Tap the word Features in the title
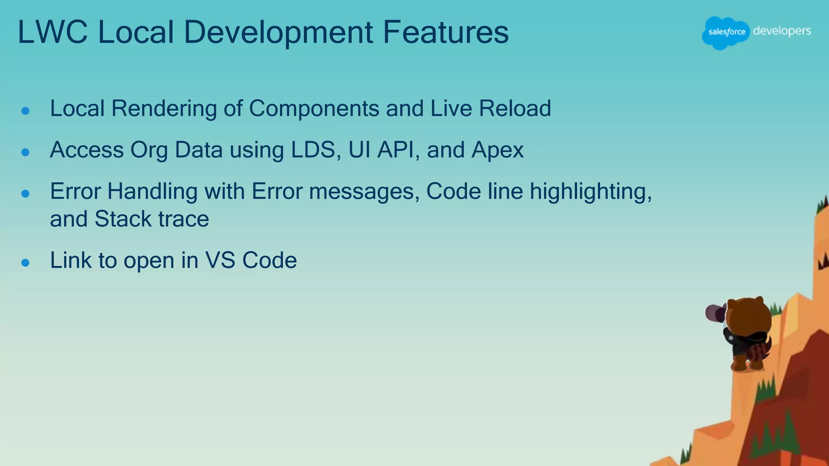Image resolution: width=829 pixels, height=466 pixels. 445,32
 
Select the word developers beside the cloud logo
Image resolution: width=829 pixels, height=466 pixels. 782,32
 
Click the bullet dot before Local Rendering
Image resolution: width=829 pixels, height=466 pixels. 26,111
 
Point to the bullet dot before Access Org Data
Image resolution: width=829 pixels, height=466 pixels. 26,152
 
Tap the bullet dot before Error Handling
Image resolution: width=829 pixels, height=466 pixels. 26,194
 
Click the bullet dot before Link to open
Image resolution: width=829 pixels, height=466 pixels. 26,263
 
